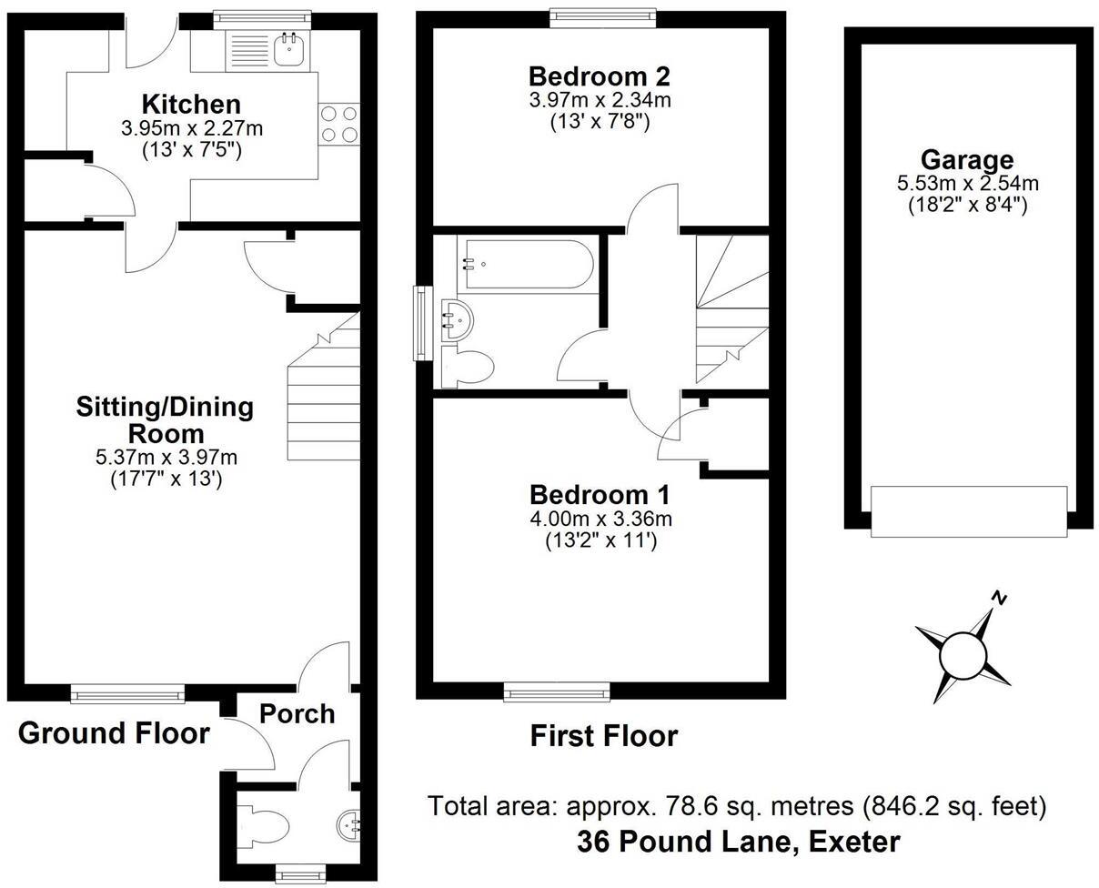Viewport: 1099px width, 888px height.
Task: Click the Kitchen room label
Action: point(191,104)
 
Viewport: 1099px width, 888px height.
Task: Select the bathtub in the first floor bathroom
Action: point(527,264)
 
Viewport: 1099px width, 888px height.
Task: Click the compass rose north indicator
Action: point(999,599)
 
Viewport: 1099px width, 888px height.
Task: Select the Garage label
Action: point(967,160)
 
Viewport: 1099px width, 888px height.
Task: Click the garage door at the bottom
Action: point(968,511)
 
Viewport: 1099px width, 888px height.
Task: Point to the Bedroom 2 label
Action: point(600,76)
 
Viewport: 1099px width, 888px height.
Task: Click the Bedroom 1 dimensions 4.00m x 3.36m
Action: point(600,520)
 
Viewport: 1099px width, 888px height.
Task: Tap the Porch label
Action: point(297,713)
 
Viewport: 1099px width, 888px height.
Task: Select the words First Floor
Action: point(603,736)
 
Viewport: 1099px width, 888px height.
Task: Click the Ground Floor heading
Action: point(114,732)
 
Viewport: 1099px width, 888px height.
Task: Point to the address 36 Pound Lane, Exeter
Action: point(738,842)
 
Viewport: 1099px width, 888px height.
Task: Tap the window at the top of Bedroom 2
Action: point(602,14)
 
